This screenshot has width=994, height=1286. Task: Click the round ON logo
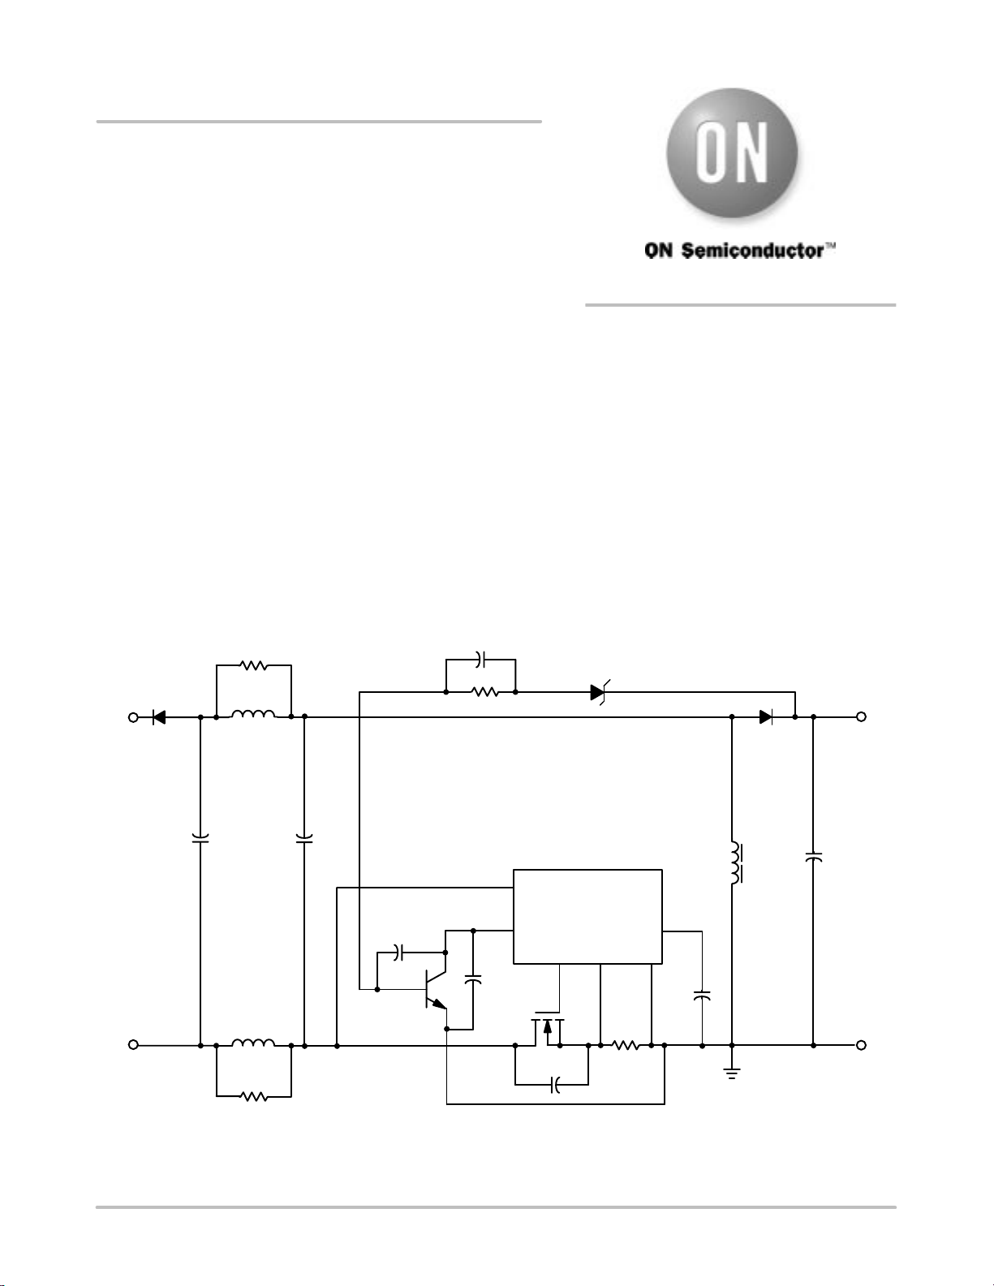pos(732,153)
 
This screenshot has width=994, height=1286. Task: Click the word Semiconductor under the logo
pos(753,251)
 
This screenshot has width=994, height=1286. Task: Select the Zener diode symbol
pos(600,692)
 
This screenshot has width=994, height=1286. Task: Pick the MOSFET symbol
pos(547,1030)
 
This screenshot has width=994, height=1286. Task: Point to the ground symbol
pos(732,1073)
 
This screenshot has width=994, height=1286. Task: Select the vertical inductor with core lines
pos(736,862)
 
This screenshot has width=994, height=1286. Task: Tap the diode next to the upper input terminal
pos(158,717)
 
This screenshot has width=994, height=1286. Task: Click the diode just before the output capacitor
pos(766,717)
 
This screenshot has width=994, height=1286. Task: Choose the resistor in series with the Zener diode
pos(485,692)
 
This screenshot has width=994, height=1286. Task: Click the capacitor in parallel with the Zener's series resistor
pos(480,659)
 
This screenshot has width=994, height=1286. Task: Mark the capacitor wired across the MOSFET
pos(555,1086)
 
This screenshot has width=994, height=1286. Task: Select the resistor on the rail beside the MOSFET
pos(626,1046)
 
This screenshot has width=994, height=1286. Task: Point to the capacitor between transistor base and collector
pos(398,953)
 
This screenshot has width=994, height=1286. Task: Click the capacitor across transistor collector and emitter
pos(473,980)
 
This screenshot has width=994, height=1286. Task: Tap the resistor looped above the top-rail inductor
pos(253,666)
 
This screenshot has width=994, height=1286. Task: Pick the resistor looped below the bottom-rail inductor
pos(254,1097)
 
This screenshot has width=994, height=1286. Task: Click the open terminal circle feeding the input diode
pos(133,717)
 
